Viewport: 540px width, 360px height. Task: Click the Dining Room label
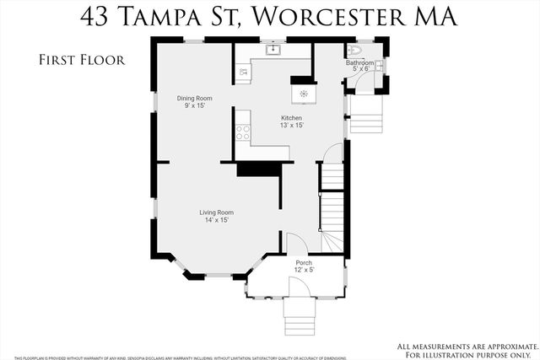194,99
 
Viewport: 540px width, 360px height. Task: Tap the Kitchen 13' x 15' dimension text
292,125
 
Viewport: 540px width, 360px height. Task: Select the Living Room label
216,212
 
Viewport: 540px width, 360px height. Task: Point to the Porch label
304,263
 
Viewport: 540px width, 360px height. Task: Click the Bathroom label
361,63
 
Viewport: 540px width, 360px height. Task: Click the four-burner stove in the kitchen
243,132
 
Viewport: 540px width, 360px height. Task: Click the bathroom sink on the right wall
381,66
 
